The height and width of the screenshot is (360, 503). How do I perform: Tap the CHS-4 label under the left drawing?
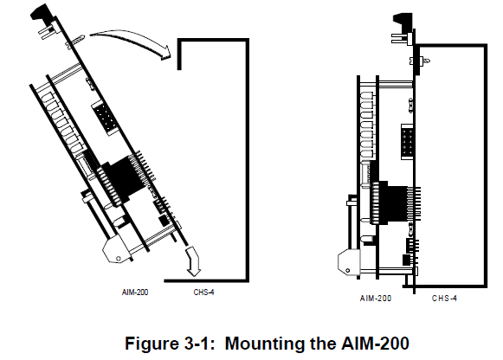point(203,292)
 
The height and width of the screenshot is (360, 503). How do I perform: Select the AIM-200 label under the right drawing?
point(375,298)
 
